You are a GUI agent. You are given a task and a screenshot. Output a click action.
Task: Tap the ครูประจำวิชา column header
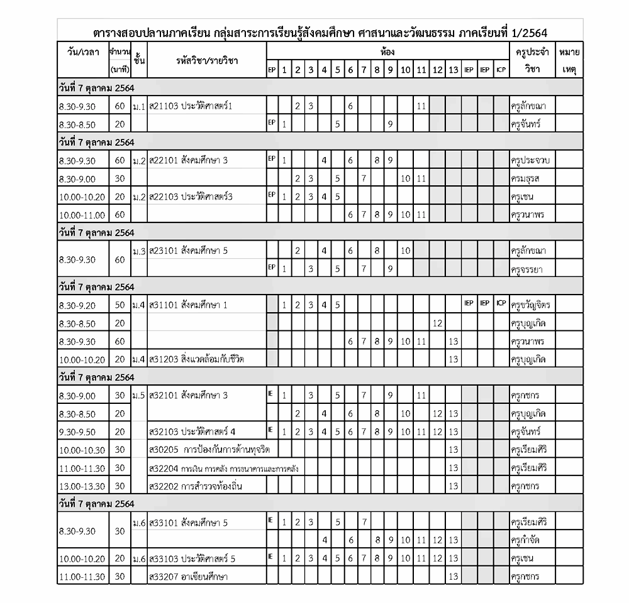click(532, 59)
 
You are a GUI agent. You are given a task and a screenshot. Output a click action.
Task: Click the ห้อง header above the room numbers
click(387, 51)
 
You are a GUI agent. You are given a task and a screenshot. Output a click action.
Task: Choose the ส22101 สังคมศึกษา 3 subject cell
click(189, 160)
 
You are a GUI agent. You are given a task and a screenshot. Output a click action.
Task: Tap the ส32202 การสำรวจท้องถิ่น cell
click(196, 486)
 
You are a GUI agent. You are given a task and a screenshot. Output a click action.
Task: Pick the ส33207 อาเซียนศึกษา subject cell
click(189, 577)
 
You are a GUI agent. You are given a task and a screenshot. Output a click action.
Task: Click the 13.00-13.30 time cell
click(82, 486)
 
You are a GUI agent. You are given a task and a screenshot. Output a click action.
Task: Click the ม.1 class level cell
click(139, 106)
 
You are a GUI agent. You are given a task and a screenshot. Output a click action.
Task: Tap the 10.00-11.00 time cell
click(82, 215)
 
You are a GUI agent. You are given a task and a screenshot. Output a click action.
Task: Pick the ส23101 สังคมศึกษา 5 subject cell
click(189, 251)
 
